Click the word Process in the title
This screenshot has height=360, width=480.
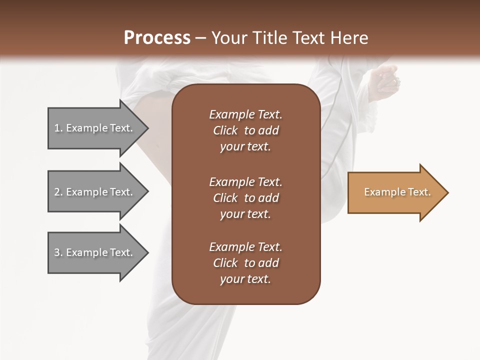157,38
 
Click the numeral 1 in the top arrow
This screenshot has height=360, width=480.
57,128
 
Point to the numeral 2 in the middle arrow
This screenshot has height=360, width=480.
57,192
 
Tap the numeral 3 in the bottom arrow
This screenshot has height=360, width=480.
57,252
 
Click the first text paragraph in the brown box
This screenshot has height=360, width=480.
245,130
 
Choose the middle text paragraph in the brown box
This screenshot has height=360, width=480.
245,198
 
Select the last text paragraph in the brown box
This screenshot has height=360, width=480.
245,263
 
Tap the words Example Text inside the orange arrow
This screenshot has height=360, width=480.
397,192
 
